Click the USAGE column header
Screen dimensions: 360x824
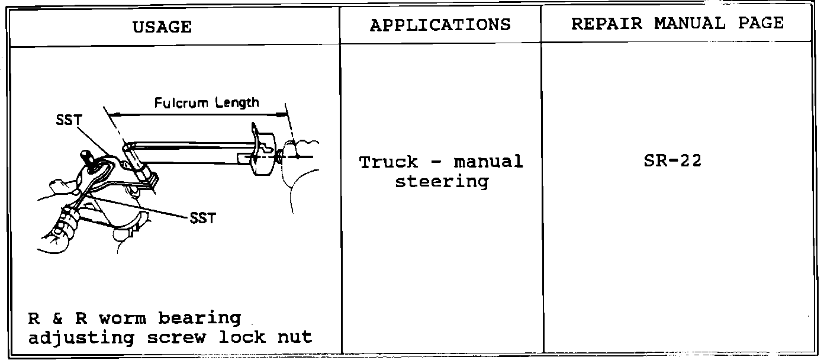click(x=162, y=27)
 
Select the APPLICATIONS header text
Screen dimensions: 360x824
click(x=440, y=25)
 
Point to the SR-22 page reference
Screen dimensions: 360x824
click(x=672, y=161)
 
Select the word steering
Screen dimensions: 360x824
click(x=442, y=181)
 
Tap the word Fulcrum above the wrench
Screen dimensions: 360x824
click(x=181, y=103)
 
